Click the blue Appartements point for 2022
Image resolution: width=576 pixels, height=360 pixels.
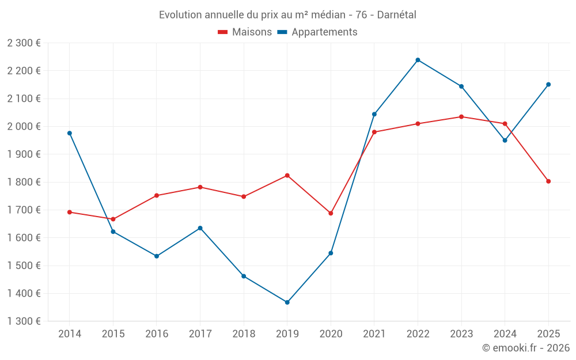click(x=418, y=60)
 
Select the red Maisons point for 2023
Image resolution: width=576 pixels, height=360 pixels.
click(x=461, y=117)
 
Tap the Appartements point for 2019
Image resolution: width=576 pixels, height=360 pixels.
click(x=287, y=302)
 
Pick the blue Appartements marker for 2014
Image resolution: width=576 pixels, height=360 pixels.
click(x=70, y=133)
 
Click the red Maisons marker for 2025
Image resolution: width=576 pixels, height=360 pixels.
click(x=548, y=181)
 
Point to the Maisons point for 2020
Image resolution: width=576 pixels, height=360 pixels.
click(x=331, y=213)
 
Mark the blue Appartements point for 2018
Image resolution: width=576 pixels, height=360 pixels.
click(x=244, y=276)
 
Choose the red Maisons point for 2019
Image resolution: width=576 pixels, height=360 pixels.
click(x=287, y=176)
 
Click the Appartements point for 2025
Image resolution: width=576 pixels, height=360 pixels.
click(x=548, y=85)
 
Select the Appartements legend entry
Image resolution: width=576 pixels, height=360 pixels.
click(x=324, y=32)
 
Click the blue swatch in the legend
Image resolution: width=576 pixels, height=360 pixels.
click(x=282, y=32)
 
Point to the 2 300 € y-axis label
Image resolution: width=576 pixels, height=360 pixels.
click(x=24, y=43)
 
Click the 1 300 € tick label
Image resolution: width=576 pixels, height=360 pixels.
click(x=24, y=321)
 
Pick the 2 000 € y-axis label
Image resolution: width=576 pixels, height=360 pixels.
click(x=24, y=127)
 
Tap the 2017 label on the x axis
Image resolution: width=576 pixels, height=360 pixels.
click(x=200, y=334)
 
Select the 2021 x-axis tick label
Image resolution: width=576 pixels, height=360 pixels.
click(x=374, y=334)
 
